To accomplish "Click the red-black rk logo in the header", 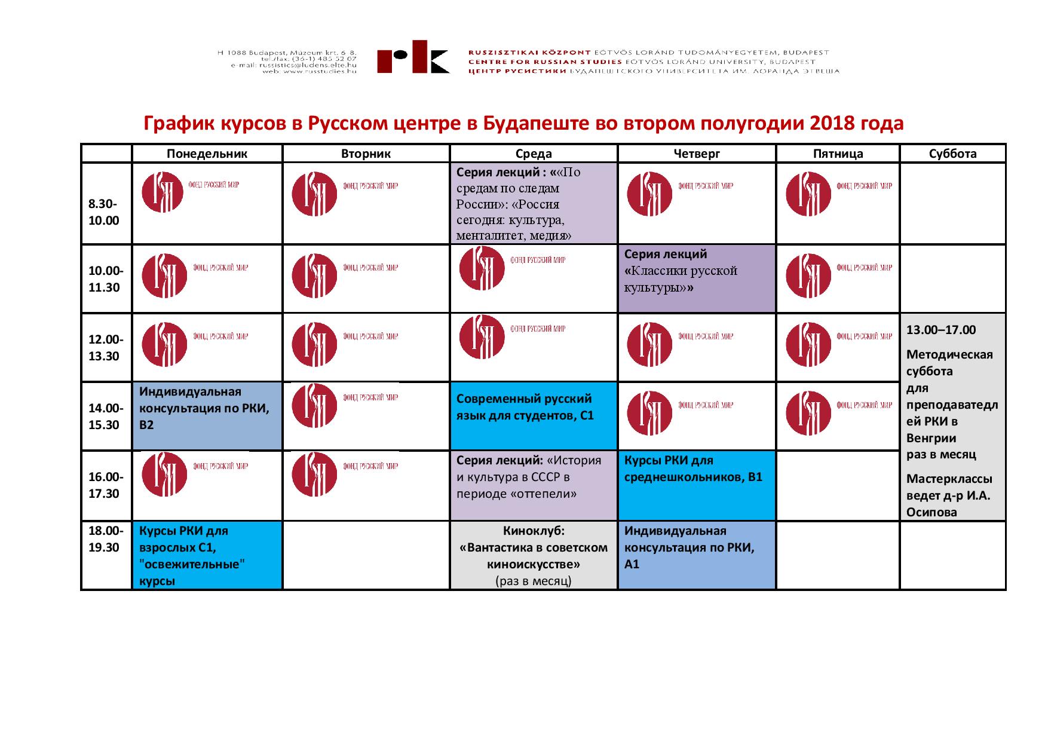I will click(x=413, y=57).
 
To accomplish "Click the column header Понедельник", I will click(x=207, y=154).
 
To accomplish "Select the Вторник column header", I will click(x=366, y=154).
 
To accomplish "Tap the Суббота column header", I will click(x=952, y=154).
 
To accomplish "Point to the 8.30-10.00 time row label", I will click(x=105, y=212).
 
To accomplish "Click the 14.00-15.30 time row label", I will click(x=106, y=417).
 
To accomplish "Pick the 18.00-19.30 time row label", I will click(x=106, y=538).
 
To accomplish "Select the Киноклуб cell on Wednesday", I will click(x=534, y=555).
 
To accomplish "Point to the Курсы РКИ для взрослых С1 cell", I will click(x=207, y=555).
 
